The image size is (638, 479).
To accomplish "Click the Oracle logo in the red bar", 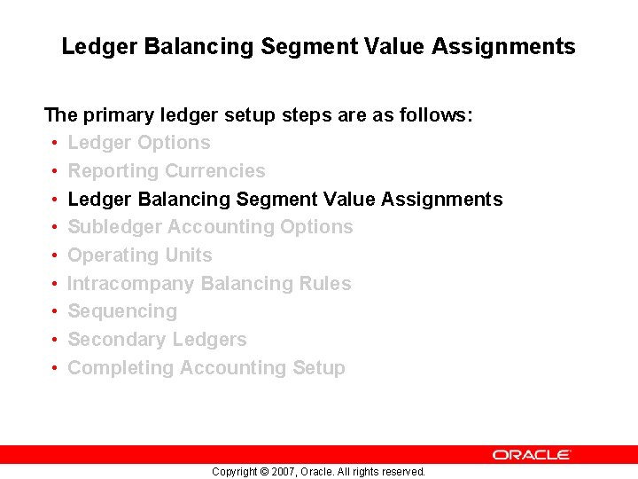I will [x=532, y=454].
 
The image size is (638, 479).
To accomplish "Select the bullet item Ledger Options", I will [x=139, y=143].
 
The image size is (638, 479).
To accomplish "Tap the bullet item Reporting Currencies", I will [x=167, y=171].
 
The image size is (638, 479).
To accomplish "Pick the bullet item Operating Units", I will [x=140, y=255].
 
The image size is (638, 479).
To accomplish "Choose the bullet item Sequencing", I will [x=122, y=311].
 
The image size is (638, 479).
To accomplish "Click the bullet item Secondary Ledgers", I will [x=157, y=340].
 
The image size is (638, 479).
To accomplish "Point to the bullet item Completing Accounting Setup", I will [x=206, y=368].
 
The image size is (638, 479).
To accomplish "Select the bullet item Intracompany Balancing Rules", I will [x=209, y=284].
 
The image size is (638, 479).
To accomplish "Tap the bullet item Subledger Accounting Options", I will [x=210, y=227].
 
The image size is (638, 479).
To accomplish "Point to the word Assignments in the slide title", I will [x=504, y=46].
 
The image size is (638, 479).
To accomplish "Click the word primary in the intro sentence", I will [x=119, y=115].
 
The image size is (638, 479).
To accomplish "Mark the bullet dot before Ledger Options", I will [x=55, y=144].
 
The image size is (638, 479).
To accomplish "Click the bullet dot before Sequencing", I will [x=55, y=312].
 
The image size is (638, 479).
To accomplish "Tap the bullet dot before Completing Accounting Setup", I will [x=55, y=369].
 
